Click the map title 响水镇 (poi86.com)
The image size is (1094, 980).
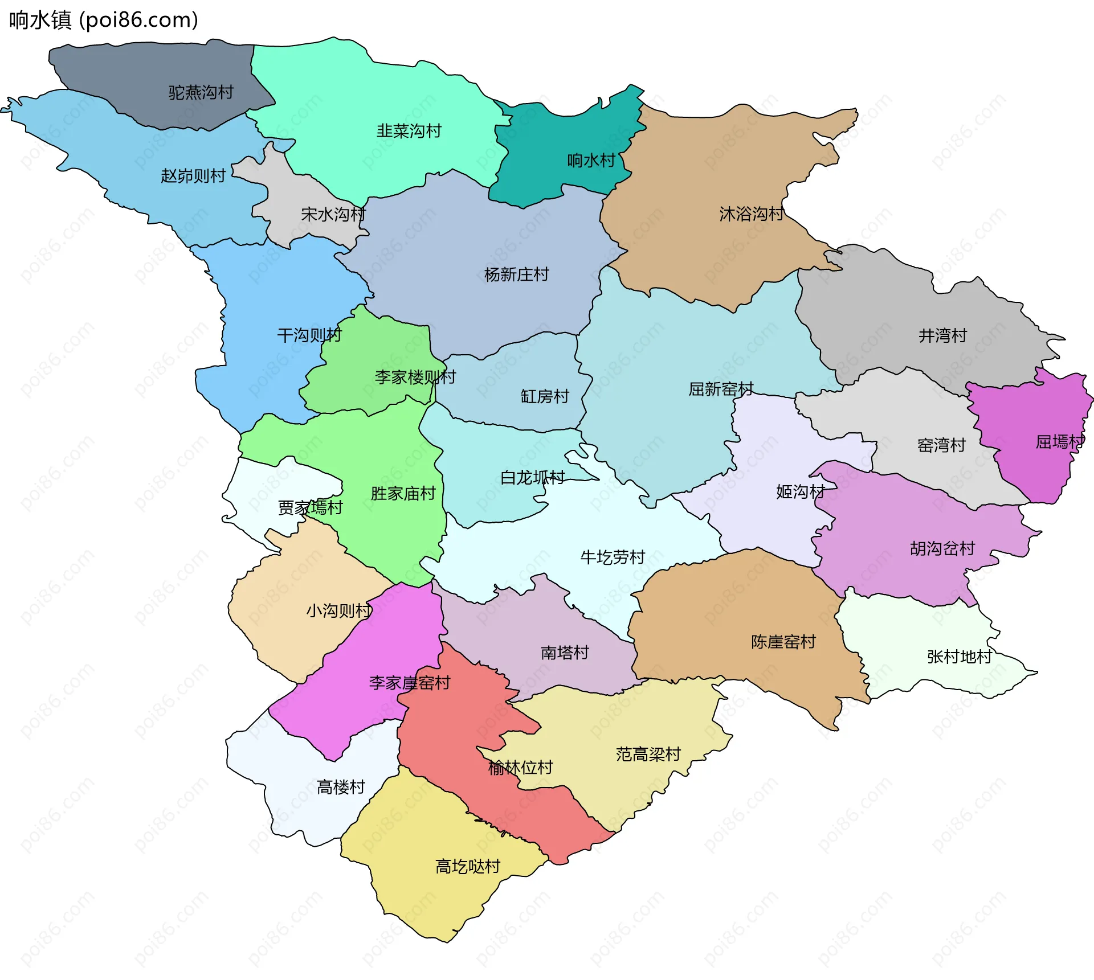104,20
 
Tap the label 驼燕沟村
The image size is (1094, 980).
201,92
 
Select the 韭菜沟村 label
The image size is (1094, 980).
409,131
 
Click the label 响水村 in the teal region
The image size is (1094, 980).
591,161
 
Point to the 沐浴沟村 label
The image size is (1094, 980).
751,214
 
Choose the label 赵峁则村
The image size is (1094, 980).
193,175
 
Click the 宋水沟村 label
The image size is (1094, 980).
333,215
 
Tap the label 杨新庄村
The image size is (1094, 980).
516,274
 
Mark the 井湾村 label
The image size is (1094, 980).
942,335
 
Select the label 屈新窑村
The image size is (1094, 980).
721,389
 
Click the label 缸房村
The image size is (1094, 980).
545,396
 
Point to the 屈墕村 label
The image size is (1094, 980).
1059,442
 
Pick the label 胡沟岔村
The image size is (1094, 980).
942,548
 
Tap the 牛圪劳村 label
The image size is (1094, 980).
613,557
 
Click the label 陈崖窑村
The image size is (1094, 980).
783,642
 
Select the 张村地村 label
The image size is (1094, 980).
960,657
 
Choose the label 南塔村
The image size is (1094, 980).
565,653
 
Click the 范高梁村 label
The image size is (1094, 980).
648,755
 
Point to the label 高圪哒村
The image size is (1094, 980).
468,866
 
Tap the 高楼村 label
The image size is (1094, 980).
341,787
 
